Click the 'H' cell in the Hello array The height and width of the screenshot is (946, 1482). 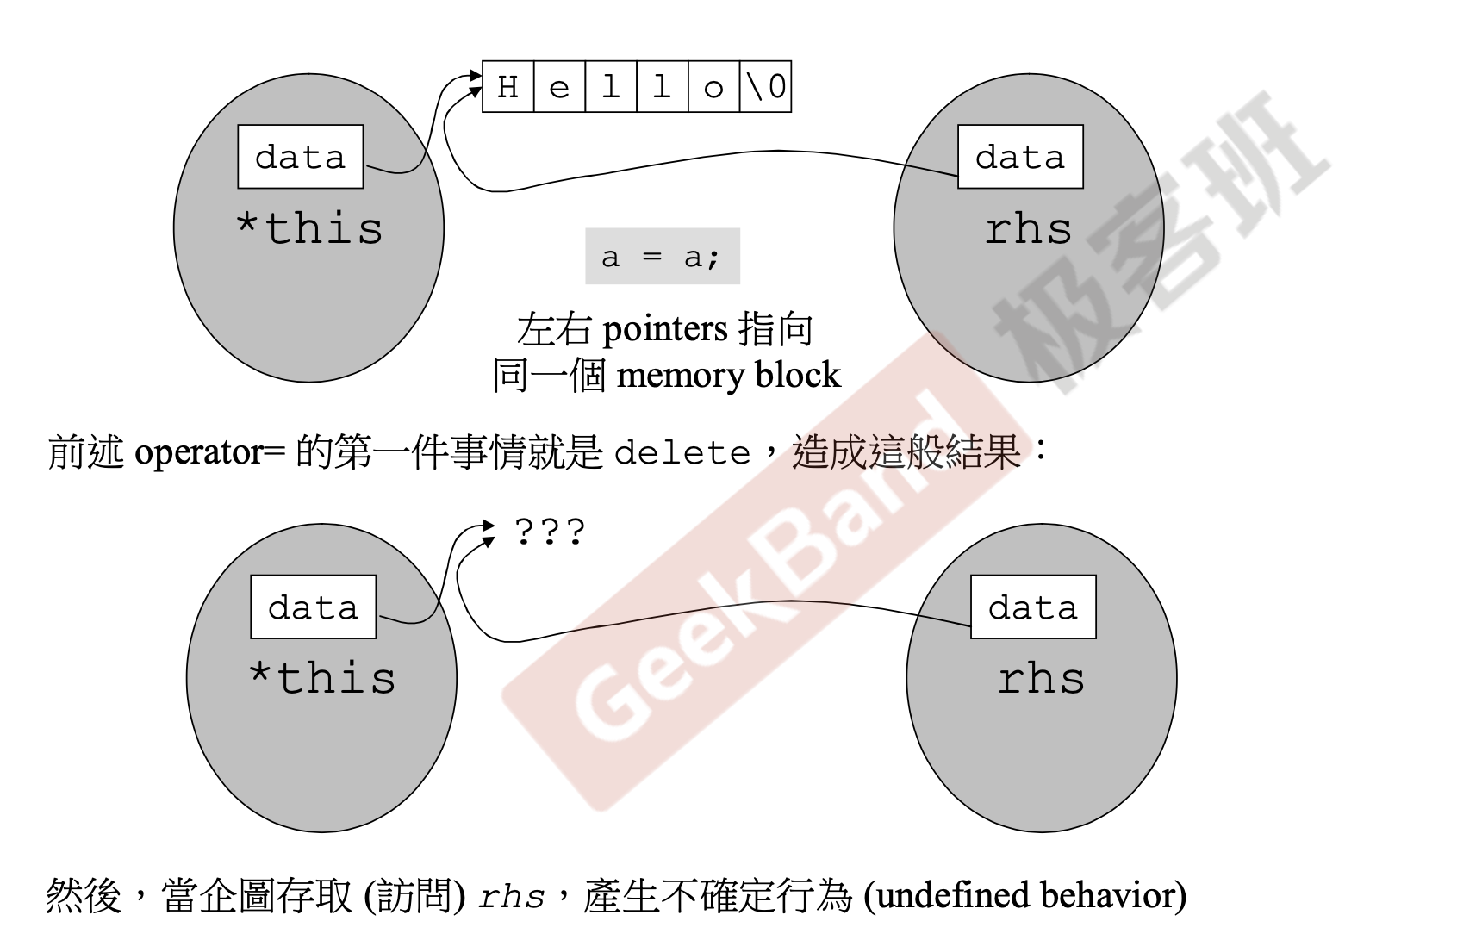508,87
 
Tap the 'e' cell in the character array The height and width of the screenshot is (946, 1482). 559,87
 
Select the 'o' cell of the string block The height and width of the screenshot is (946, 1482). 713,87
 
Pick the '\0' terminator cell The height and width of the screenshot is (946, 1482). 765,87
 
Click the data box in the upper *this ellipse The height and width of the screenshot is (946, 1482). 300,157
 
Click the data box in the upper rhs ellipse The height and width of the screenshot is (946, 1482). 1020,157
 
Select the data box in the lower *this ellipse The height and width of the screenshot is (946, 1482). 313,607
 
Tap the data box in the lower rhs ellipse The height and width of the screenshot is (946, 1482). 1033,607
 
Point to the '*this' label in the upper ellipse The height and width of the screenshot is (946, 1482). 309,229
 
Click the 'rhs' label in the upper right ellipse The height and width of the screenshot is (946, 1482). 1029,229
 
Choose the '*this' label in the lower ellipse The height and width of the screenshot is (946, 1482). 322,678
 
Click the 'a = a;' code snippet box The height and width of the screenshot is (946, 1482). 662,257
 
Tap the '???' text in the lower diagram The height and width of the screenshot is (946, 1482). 550,532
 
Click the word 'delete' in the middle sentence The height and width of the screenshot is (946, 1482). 682,453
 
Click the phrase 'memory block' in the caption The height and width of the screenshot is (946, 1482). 729,376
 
